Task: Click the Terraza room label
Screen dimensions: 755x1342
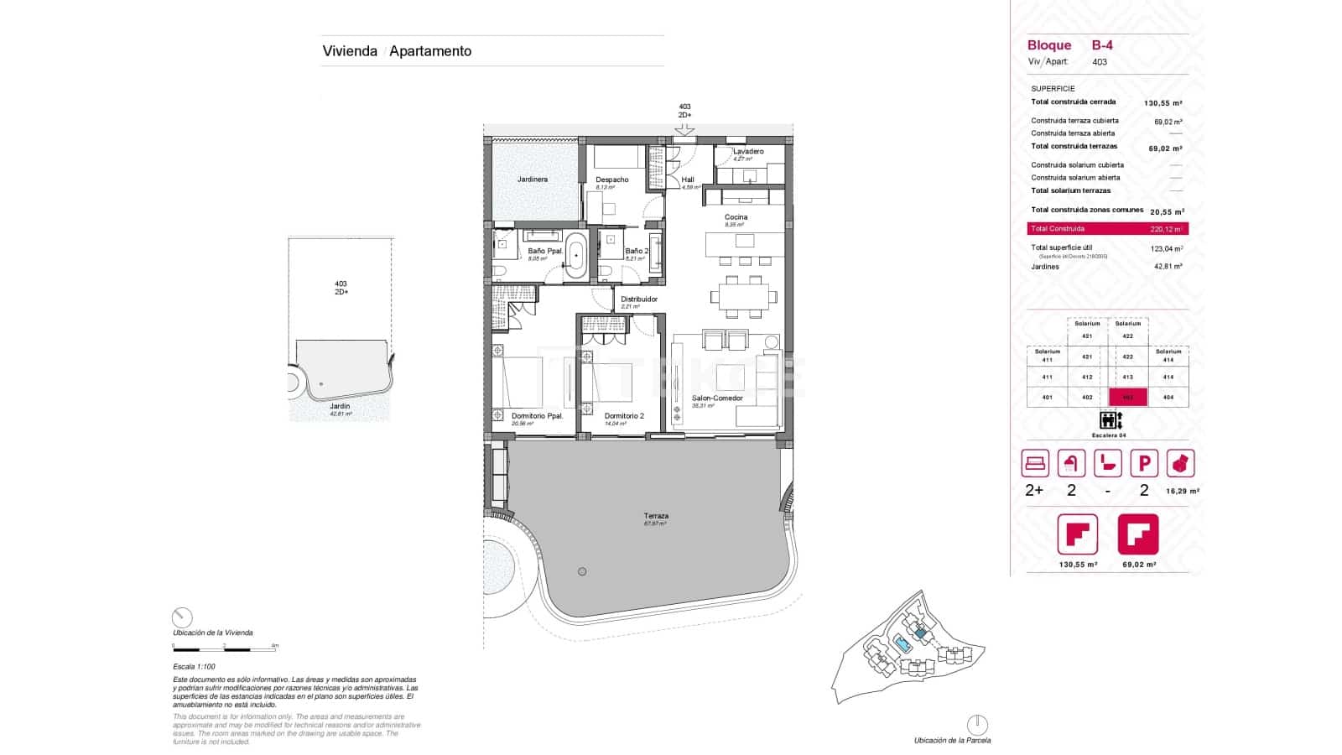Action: point(656,516)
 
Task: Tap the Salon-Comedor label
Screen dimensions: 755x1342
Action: point(717,398)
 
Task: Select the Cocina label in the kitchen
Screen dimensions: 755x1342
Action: point(736,217)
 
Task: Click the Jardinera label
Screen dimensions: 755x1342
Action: point(533,180)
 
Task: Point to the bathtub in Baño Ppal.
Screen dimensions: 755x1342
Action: point(575,256)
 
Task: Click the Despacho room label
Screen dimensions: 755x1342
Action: point(612,180)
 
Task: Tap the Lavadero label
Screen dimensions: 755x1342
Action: point(748,152)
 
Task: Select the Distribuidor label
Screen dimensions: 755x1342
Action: point(639,299)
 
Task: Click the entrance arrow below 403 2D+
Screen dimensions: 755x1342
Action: point(684,129)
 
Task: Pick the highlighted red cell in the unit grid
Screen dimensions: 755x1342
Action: point(1128,398)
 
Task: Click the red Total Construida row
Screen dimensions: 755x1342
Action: point(1107,229)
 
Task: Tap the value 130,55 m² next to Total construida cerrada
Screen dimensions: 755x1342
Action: point(1163,103)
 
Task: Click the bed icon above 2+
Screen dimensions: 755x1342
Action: point(1035,463)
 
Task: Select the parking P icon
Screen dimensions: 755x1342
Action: point(1144,463)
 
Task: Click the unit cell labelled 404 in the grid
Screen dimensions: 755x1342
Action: point(1168,398)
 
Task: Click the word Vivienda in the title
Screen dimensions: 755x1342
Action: point(350,51)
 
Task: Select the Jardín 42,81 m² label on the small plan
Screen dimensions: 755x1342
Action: point(340,409)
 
